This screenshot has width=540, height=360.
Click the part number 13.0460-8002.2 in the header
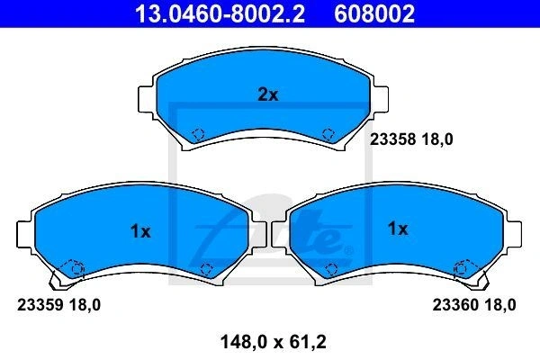(220, 13)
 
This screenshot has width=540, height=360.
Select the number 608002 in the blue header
(374, 13)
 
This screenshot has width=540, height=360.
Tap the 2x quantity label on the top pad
(268, 94)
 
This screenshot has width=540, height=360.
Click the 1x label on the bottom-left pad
(140, 231)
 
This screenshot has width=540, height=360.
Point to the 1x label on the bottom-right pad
(398, 228)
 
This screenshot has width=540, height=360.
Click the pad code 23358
(392, 139)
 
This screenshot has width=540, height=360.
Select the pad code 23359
(40, 305)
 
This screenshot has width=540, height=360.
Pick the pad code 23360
(455, 305)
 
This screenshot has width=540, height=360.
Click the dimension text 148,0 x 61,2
(273, 342)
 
